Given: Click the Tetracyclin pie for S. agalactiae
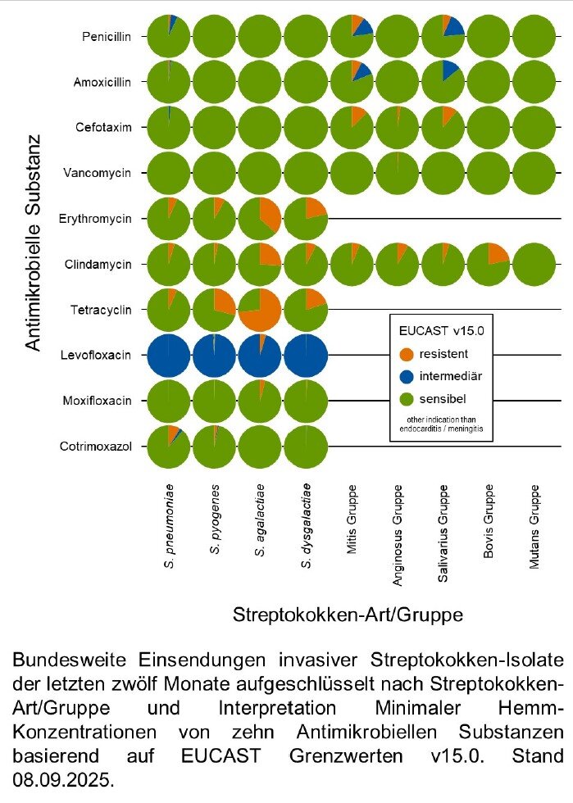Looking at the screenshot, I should [260, 310].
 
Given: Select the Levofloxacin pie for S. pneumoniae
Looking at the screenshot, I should [168, 356].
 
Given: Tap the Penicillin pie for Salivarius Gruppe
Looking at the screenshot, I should [443, 36].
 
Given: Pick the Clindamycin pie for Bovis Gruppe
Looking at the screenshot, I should [489, 264].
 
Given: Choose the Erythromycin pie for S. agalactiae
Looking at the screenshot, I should [260, 219].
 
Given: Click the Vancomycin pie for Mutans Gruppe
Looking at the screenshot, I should [534, 173].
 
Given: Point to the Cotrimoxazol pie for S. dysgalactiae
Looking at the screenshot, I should [306, 447].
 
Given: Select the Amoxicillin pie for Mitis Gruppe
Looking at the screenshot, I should [352, 82].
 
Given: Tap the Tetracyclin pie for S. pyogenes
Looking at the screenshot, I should [214, 310].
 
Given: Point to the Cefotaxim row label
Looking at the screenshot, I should [107, 128].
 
